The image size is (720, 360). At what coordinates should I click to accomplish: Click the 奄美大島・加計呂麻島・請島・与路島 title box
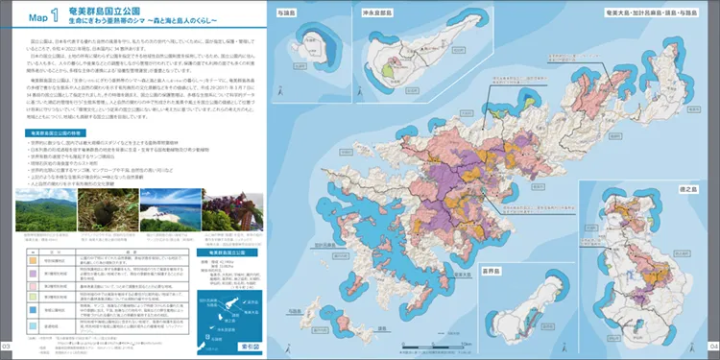tap(639, 14)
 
